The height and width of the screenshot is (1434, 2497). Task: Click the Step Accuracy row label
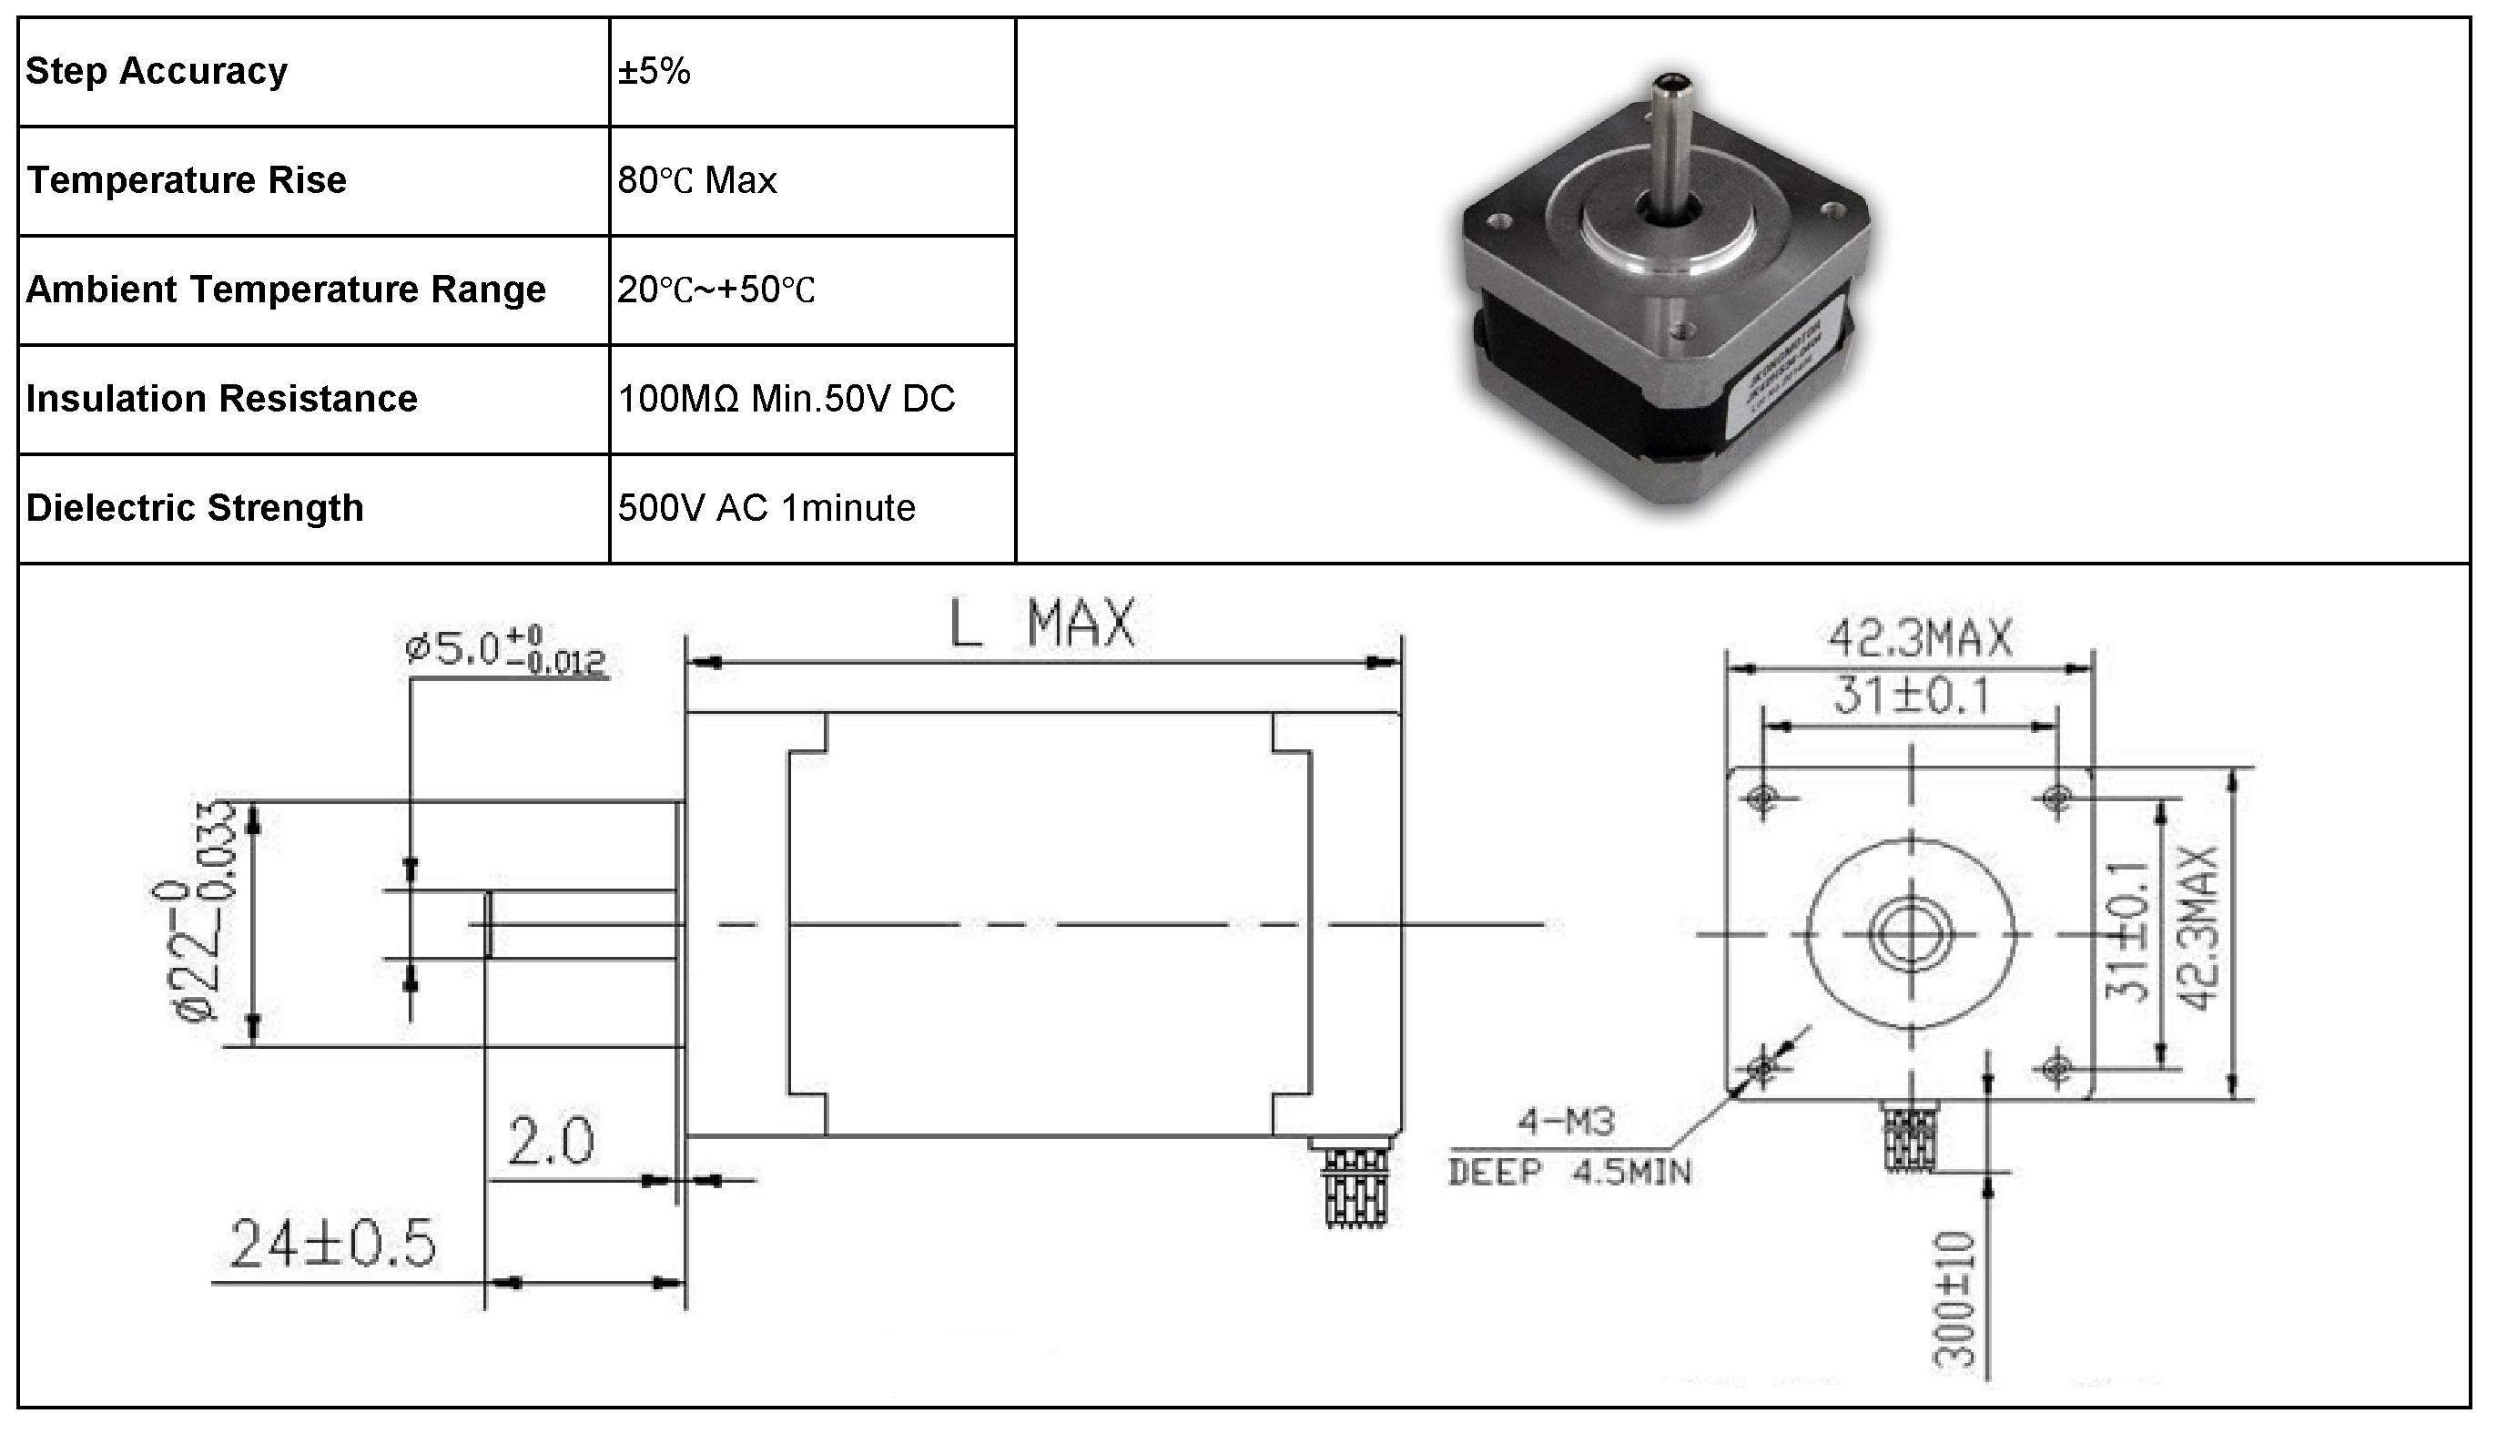(157, 72)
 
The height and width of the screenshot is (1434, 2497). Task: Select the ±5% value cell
(654, 72)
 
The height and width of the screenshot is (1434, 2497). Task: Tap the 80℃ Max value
(697, 180)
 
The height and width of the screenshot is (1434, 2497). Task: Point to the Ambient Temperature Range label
(286, 290)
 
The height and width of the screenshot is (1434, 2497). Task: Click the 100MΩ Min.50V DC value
(786, 399)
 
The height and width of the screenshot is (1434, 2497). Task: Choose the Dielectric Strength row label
(195, 508)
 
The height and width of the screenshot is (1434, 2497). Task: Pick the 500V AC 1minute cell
(766, 508)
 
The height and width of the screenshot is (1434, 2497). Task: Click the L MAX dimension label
(1041, 624)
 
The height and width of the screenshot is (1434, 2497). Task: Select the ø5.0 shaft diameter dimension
(504, 652)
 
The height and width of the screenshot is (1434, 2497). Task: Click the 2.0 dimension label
(551, 1143)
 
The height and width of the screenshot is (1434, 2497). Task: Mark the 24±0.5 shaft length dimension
(332, 1244)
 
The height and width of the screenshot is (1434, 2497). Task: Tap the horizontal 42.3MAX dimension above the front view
(1920, 639)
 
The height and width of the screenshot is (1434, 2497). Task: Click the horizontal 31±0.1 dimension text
(1910, 697)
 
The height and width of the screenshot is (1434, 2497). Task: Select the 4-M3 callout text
(1566, 1122)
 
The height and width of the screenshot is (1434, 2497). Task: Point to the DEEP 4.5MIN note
(1569, 1172)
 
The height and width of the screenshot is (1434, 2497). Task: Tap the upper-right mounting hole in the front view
(2055, 796)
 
